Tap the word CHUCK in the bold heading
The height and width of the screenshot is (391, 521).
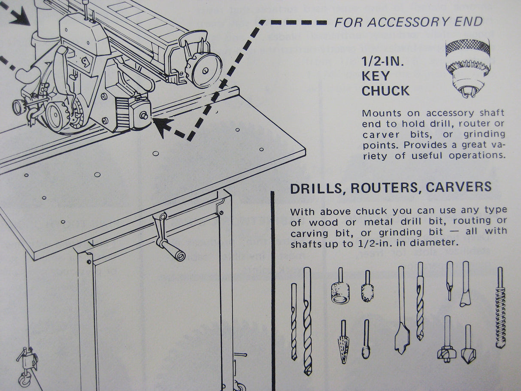[x=385, y=91]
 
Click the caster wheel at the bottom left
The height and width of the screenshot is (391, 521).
[x=22, y=380]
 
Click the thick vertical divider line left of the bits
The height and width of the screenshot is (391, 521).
[x=272, y=292]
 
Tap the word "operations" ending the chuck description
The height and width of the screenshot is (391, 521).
[x=477, y=155]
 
